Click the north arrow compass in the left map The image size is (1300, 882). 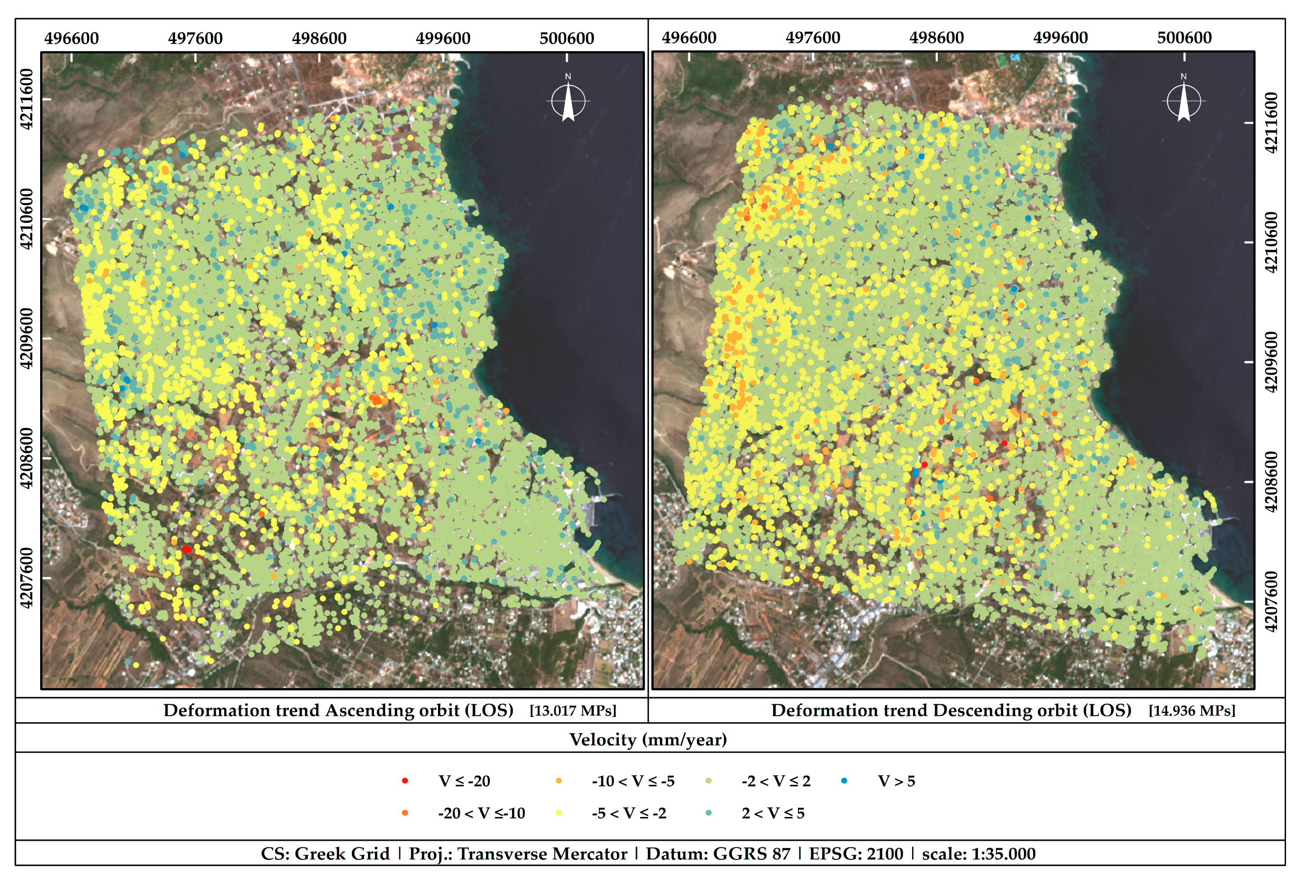click(x=568, y=101)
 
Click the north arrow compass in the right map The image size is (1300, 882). click(x=1183, y=101)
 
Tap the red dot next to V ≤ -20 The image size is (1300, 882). click(x=405, y=781)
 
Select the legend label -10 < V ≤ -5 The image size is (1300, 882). click(x=633, y=781)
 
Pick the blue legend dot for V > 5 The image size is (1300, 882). click(x=844, y=781)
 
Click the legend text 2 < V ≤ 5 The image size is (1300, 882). click(x=773, y=813)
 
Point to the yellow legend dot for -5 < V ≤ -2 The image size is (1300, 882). click(x=558, y=813)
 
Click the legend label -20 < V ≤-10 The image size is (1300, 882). click(x=481, y=813)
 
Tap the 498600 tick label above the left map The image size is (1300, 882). click(x=319, y=39)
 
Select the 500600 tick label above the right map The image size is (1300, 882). click(x=1184, y=38)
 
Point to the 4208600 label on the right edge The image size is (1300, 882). click(x=1271, y=482)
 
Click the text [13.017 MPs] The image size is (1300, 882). click(x=573, y=711)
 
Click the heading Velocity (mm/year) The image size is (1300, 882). click(x=648, y=740)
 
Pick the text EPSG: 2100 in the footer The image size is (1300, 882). click(x=856, y=854)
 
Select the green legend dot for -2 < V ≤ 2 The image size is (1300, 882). click(x=708, y=781)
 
